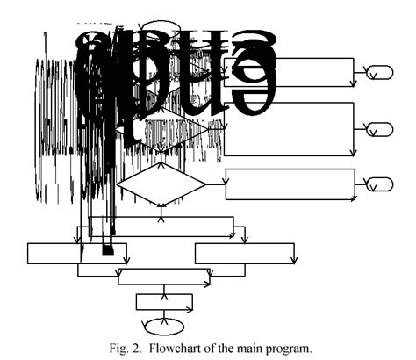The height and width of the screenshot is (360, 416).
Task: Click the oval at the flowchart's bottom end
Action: (x=165, y=324)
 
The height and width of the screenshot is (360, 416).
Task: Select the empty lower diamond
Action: (x=161, y=184)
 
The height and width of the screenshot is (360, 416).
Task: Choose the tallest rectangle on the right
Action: (x=290, y=129)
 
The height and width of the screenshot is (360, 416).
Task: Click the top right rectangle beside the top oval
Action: (x=290, y=71)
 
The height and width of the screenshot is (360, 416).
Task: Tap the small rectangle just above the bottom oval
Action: (x=164, y=301)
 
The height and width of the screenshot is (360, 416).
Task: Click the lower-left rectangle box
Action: (x=78, y=254)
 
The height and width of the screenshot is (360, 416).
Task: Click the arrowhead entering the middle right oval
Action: (x=367, y=129)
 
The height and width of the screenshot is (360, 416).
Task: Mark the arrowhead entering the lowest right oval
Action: (x=367, y=184)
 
